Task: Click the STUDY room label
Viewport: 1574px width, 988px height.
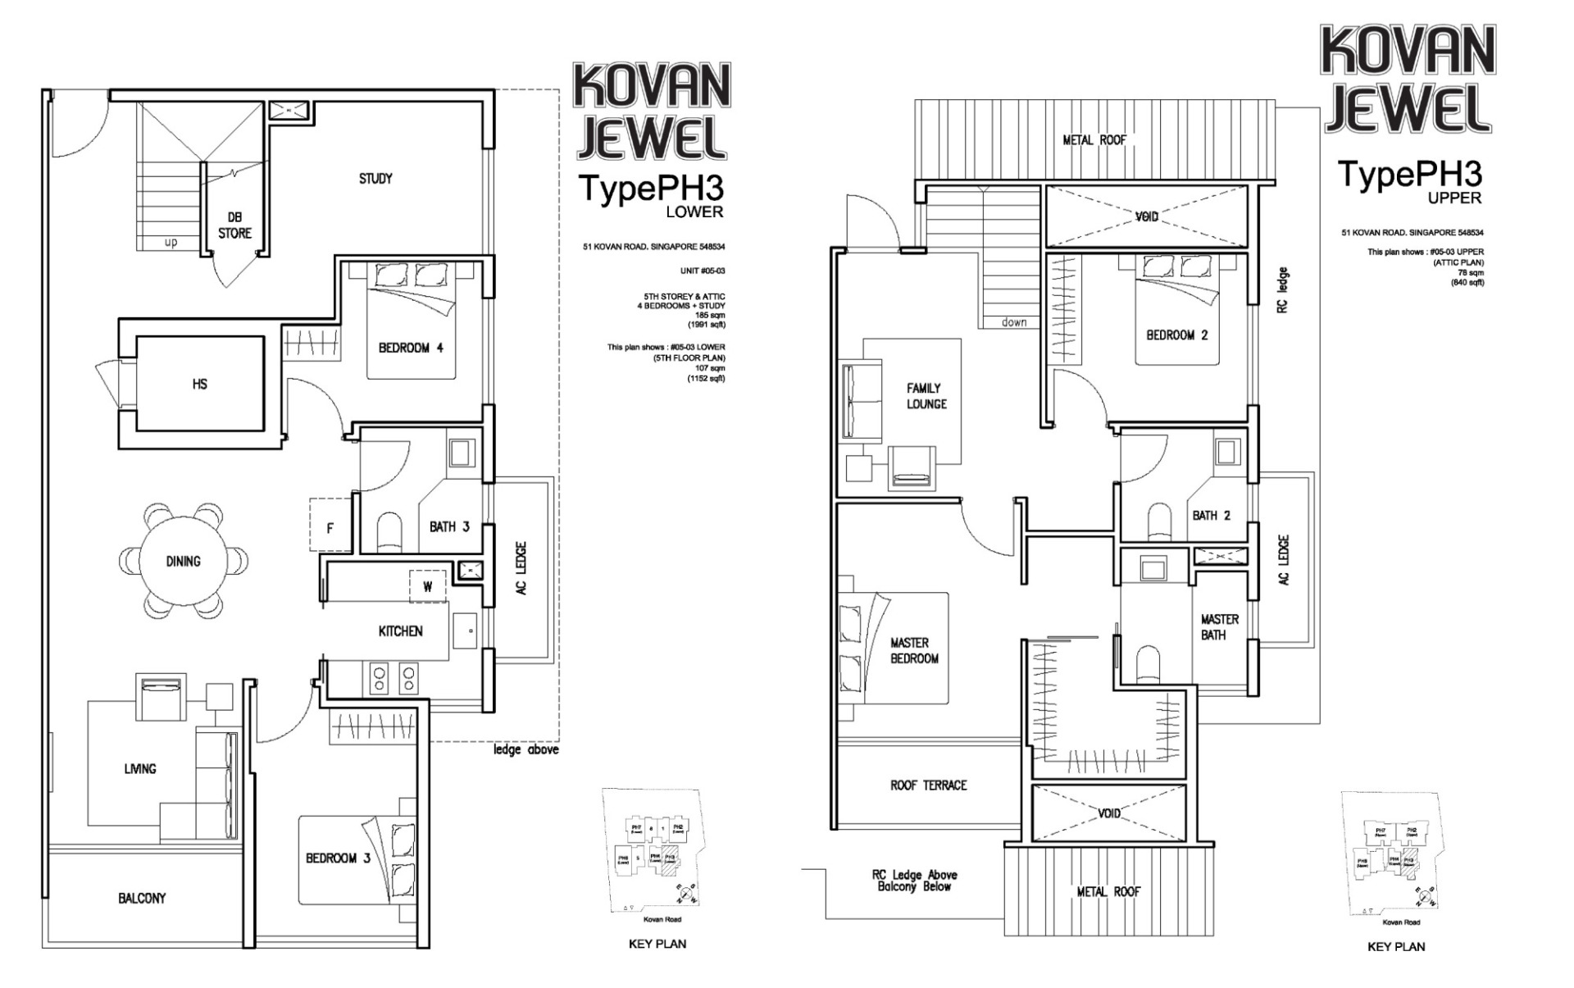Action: pos(375,179)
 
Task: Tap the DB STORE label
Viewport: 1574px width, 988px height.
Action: pos(234,225)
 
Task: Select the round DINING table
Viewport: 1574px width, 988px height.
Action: pos(183,562)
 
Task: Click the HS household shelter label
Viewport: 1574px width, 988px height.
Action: pos(199,384)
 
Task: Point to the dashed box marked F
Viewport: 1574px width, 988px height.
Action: pos(330,526)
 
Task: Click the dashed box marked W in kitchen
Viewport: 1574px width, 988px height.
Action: pos(427,586)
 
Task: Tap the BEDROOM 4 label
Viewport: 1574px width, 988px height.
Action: pos(411,348)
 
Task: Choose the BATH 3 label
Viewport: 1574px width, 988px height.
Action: pos(449,526)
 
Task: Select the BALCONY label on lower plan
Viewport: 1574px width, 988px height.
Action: pos(142,899)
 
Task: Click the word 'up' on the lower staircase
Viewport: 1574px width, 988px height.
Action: pos(171,243)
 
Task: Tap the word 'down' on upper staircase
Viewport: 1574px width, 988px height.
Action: pos(1014,322)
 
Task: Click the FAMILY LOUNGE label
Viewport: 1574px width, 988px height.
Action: pos(926,396)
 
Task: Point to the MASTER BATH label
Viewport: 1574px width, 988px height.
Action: pos(1219,627)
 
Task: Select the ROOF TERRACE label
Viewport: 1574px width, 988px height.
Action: pos(928,785)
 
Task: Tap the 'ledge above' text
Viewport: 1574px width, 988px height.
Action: pos(525,749)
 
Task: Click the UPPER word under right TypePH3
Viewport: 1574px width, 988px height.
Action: pos(1454,198)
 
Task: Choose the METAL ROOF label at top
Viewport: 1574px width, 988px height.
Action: pos(1094,140)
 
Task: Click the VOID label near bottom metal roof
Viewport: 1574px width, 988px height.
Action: pos(1109,813)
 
